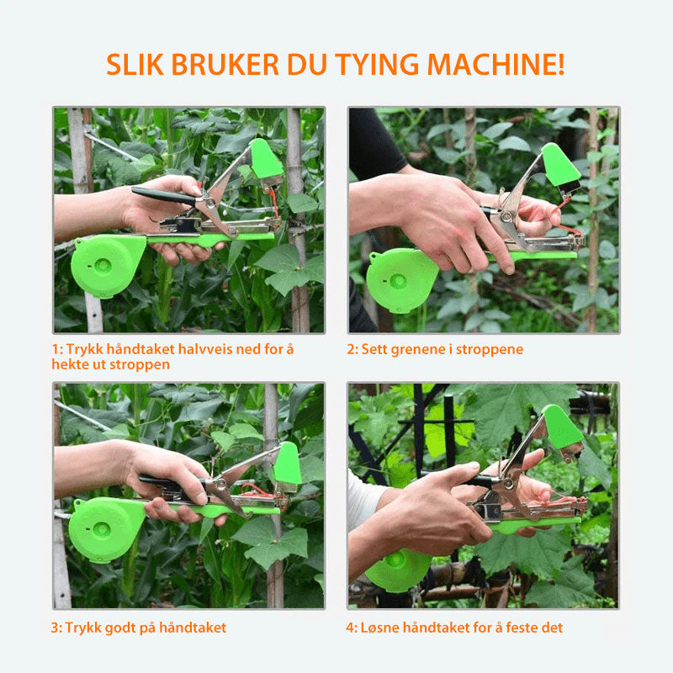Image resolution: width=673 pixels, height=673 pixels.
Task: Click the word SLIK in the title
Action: [135, 65]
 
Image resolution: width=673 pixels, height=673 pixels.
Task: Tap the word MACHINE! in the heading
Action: [495, 65]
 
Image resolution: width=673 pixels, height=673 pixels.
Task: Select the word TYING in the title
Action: [377, 66]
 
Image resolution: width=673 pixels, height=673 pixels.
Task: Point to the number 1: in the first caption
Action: [57, 349]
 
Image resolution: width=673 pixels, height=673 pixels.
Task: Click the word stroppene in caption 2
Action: [490, 350]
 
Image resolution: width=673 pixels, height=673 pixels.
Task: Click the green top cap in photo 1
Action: [265, 158]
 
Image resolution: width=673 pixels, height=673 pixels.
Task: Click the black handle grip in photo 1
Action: [163, 196]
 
